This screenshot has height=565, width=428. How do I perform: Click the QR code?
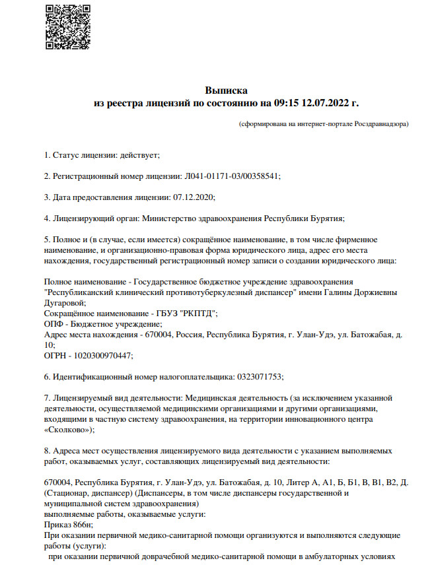67,26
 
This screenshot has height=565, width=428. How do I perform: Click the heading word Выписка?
226,90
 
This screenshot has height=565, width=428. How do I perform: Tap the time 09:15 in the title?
286,103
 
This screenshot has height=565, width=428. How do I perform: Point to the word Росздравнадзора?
380,124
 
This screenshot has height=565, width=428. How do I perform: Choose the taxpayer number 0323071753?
258,377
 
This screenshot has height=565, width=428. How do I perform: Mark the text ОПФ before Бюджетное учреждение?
53,324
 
